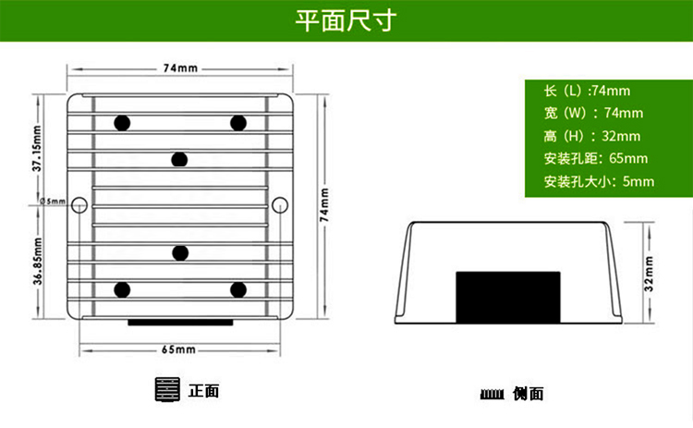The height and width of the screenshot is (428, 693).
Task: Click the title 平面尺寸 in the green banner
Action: [x=346, y=21]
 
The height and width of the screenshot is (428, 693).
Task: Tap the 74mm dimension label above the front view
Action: [x=180, y=68]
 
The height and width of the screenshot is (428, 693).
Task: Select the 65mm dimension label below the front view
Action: [x=178, y=349]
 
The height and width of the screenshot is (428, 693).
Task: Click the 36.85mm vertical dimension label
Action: [x=37, y=261]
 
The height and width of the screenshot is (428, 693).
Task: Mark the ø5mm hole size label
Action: [x=53, y=202]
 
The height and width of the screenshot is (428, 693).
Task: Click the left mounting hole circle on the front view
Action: [x=79, y=203]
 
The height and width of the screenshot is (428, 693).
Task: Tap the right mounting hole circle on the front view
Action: [x=281, y=203]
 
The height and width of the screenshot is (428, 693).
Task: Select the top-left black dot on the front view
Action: [x=121, y=123]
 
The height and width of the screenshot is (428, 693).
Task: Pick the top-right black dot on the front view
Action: [x=238, y=123]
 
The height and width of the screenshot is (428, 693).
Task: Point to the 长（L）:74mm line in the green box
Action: [x=587, y=91]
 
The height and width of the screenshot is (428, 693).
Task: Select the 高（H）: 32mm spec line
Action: [x=587, y=136]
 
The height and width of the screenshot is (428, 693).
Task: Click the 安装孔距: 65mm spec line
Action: [x=595, y=158]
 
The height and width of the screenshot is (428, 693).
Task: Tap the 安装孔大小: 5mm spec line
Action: [x=599, y=181]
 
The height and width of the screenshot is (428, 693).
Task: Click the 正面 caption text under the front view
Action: [x=203, y=391]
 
